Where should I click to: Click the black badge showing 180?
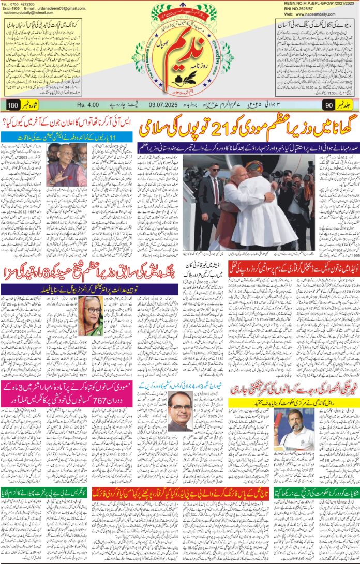(13, 106)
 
